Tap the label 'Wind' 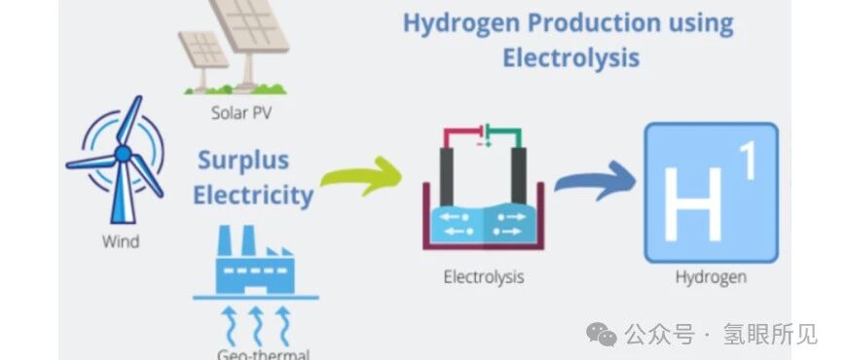click(x=121, y=241)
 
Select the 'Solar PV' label click(x=240, y=114)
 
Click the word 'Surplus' click(x=243, y=161)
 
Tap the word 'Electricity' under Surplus click(x=253, y=196)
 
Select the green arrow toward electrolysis click(x=362, y=176)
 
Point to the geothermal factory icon click(x=255, y=262)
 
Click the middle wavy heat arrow click(x=257, y=326)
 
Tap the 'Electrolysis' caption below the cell click(x=484, y=277)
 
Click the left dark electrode click(x=447, y=176)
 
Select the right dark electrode click(x=519, y=176)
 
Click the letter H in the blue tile click(x=692, y=203)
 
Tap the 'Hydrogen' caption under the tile click(x=711, y=277)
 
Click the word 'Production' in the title click(x=593, y=22)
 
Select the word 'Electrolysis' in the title click(x=571, y=57)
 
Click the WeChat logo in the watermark click(x=602, y=334)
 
